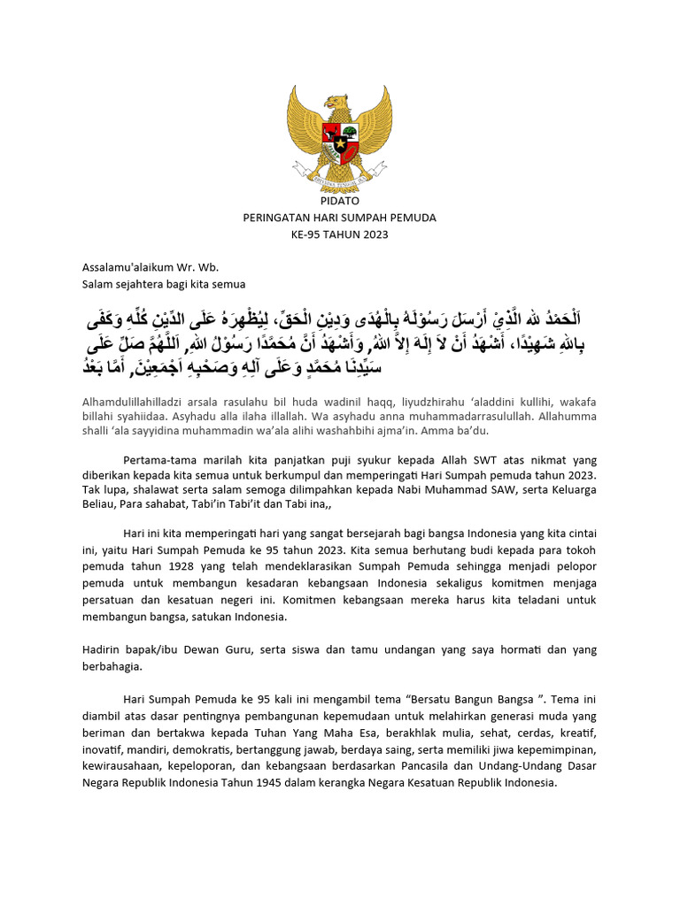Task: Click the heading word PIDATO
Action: [339, 201]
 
